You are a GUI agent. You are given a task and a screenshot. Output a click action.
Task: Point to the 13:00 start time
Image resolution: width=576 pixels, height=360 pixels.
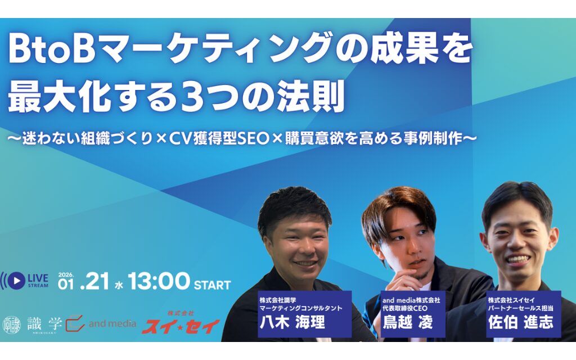click(159, 281)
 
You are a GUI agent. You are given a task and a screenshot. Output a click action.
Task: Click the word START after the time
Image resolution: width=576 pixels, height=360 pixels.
click(212, 285)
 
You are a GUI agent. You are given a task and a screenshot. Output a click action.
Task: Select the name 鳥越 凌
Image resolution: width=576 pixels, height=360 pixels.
click(408, 323)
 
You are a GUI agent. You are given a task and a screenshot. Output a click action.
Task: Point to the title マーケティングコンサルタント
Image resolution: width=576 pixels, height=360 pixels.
click(300, 309)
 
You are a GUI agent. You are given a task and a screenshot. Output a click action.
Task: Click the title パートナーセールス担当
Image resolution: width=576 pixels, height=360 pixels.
click(520, 309)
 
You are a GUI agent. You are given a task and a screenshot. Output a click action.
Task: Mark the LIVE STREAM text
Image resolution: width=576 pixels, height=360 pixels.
click(38, 280)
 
